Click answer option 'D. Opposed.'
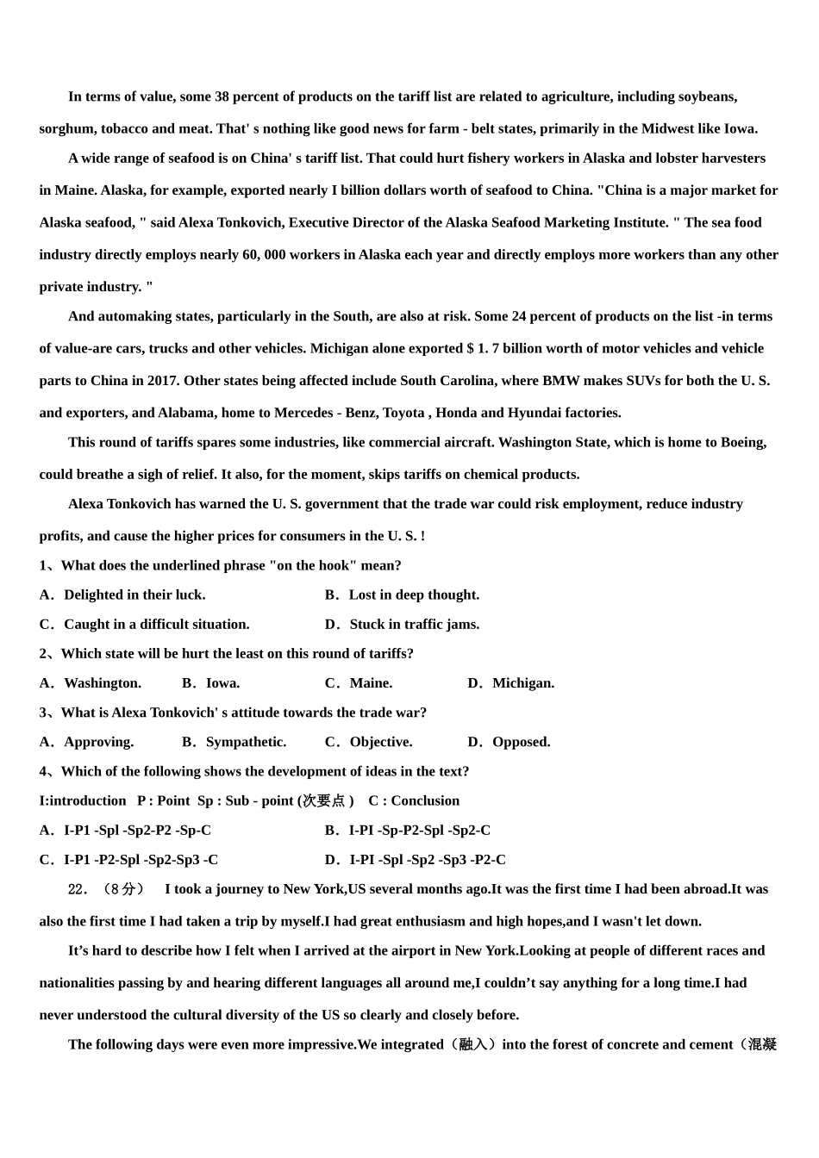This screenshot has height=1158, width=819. pyautogui.click(x=509, y=742)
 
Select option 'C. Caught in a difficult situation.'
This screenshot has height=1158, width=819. pyautogui.click(x=144, y=625)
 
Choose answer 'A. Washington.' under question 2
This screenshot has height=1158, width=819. pyautogui.click(x=90, y=683)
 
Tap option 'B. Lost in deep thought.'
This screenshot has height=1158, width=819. pyautogui.click(x=402, y=595)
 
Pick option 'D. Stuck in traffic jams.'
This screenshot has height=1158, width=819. pyautogui.click(x=402, y=625)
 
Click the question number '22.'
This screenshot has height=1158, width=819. pyautogui.click(x=78, y=889)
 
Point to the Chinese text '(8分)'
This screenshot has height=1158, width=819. pyautogui.click(x=122, y=889)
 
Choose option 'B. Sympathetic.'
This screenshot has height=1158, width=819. pyautogui.click(x=234, y=742)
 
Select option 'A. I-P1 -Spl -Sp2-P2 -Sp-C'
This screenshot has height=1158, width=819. pyautogui.click(x=125, y=831)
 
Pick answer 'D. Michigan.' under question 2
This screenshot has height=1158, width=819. pyautogui.click(x=511, y=683)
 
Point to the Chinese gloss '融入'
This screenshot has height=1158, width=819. pyautogui.click(x=473, y=1045)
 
